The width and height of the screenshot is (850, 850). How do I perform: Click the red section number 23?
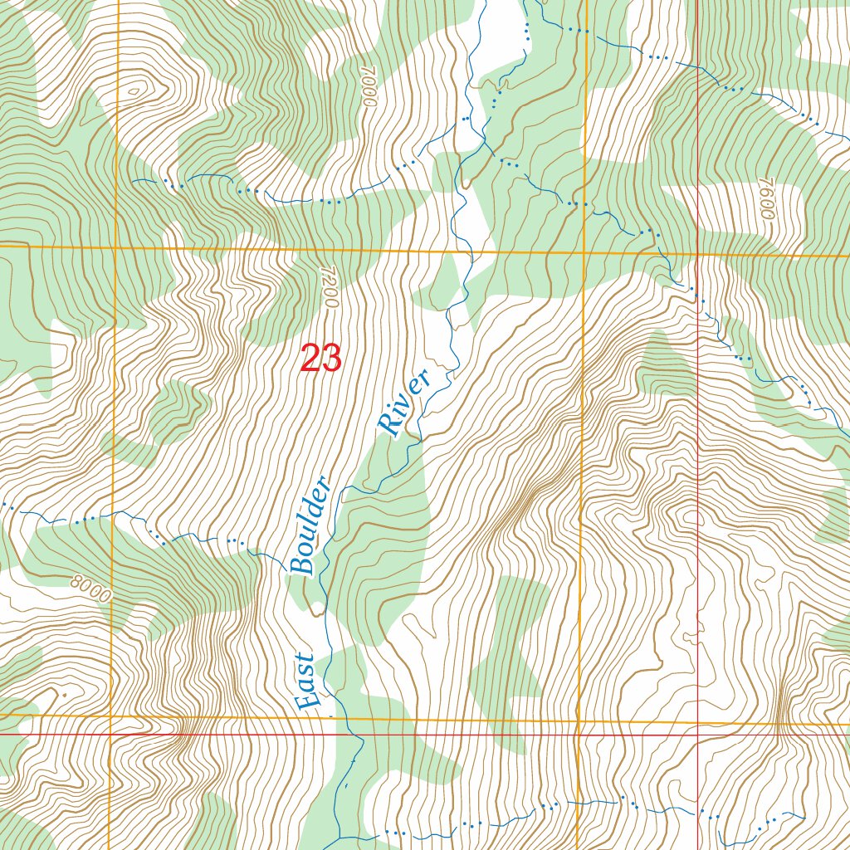320,359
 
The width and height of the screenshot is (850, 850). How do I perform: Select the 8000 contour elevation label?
89,585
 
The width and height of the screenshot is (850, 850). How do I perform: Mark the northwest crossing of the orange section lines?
115,247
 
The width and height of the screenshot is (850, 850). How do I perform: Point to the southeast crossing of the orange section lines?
579,721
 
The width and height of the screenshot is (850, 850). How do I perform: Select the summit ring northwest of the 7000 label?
138,85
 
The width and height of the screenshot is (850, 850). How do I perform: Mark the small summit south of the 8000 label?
62,693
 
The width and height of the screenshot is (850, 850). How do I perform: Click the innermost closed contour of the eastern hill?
689,519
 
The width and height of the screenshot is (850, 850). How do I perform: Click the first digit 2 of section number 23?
310,359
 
